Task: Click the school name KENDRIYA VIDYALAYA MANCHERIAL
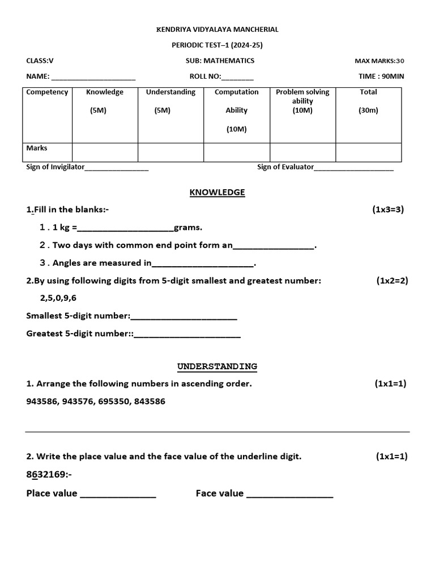click(217, 29)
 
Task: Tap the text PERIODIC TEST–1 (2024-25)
click(217, 45)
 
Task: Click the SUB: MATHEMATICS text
click(220, 61)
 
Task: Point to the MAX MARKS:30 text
click(379, 61)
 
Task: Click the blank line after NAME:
click(93, 78)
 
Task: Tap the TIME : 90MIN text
click(381, 76)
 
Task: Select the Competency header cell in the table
click(47, 92)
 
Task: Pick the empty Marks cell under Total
click(368, 152)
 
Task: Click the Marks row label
click(37, 148)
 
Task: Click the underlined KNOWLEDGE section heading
click(217, 193)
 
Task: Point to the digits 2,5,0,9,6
click(58, 298)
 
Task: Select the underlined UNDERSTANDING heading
click(217, 366)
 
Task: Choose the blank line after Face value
click(290, 494)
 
